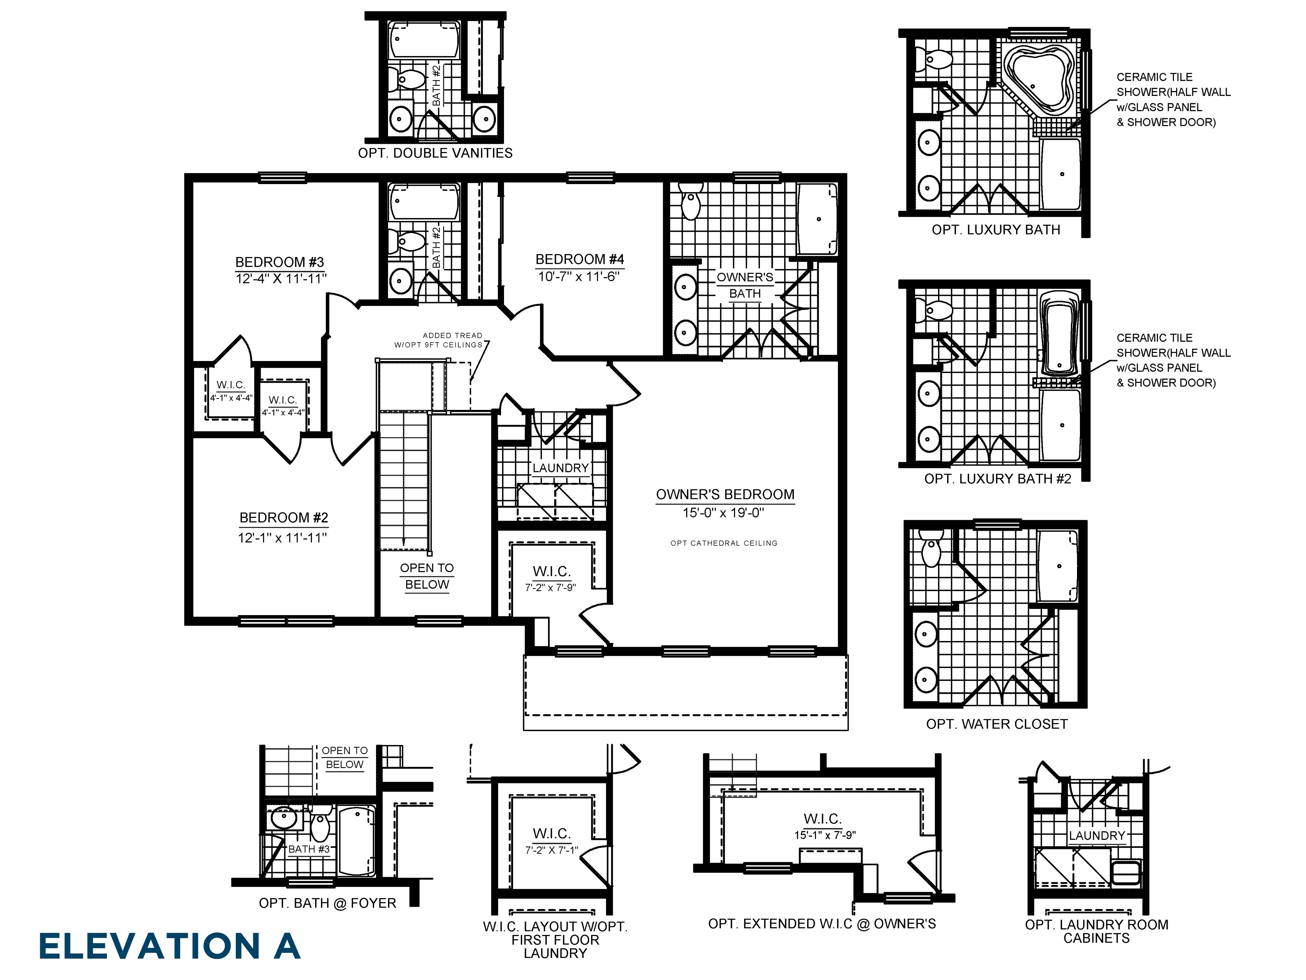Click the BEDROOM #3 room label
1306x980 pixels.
(x=279, y=262)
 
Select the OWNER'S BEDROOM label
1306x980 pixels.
(x=725, y=495)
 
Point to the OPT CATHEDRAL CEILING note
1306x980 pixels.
(x=724, y=543)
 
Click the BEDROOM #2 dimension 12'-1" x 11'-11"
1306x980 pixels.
(x=282, y=538)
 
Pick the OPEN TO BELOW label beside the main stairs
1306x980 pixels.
(x=427, y=576)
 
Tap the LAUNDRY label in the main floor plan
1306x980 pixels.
(x=560, y=468)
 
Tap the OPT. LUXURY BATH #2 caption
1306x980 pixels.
(x=997, y=478)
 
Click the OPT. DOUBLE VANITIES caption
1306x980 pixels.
(x=435, y=153)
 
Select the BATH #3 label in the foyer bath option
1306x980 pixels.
(x=309, y=849)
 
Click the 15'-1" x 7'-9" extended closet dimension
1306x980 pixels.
(x=825, y=835)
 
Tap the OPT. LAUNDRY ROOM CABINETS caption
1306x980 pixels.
(x=1096, y=931)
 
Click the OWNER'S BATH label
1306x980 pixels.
(x=745, y=285)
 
